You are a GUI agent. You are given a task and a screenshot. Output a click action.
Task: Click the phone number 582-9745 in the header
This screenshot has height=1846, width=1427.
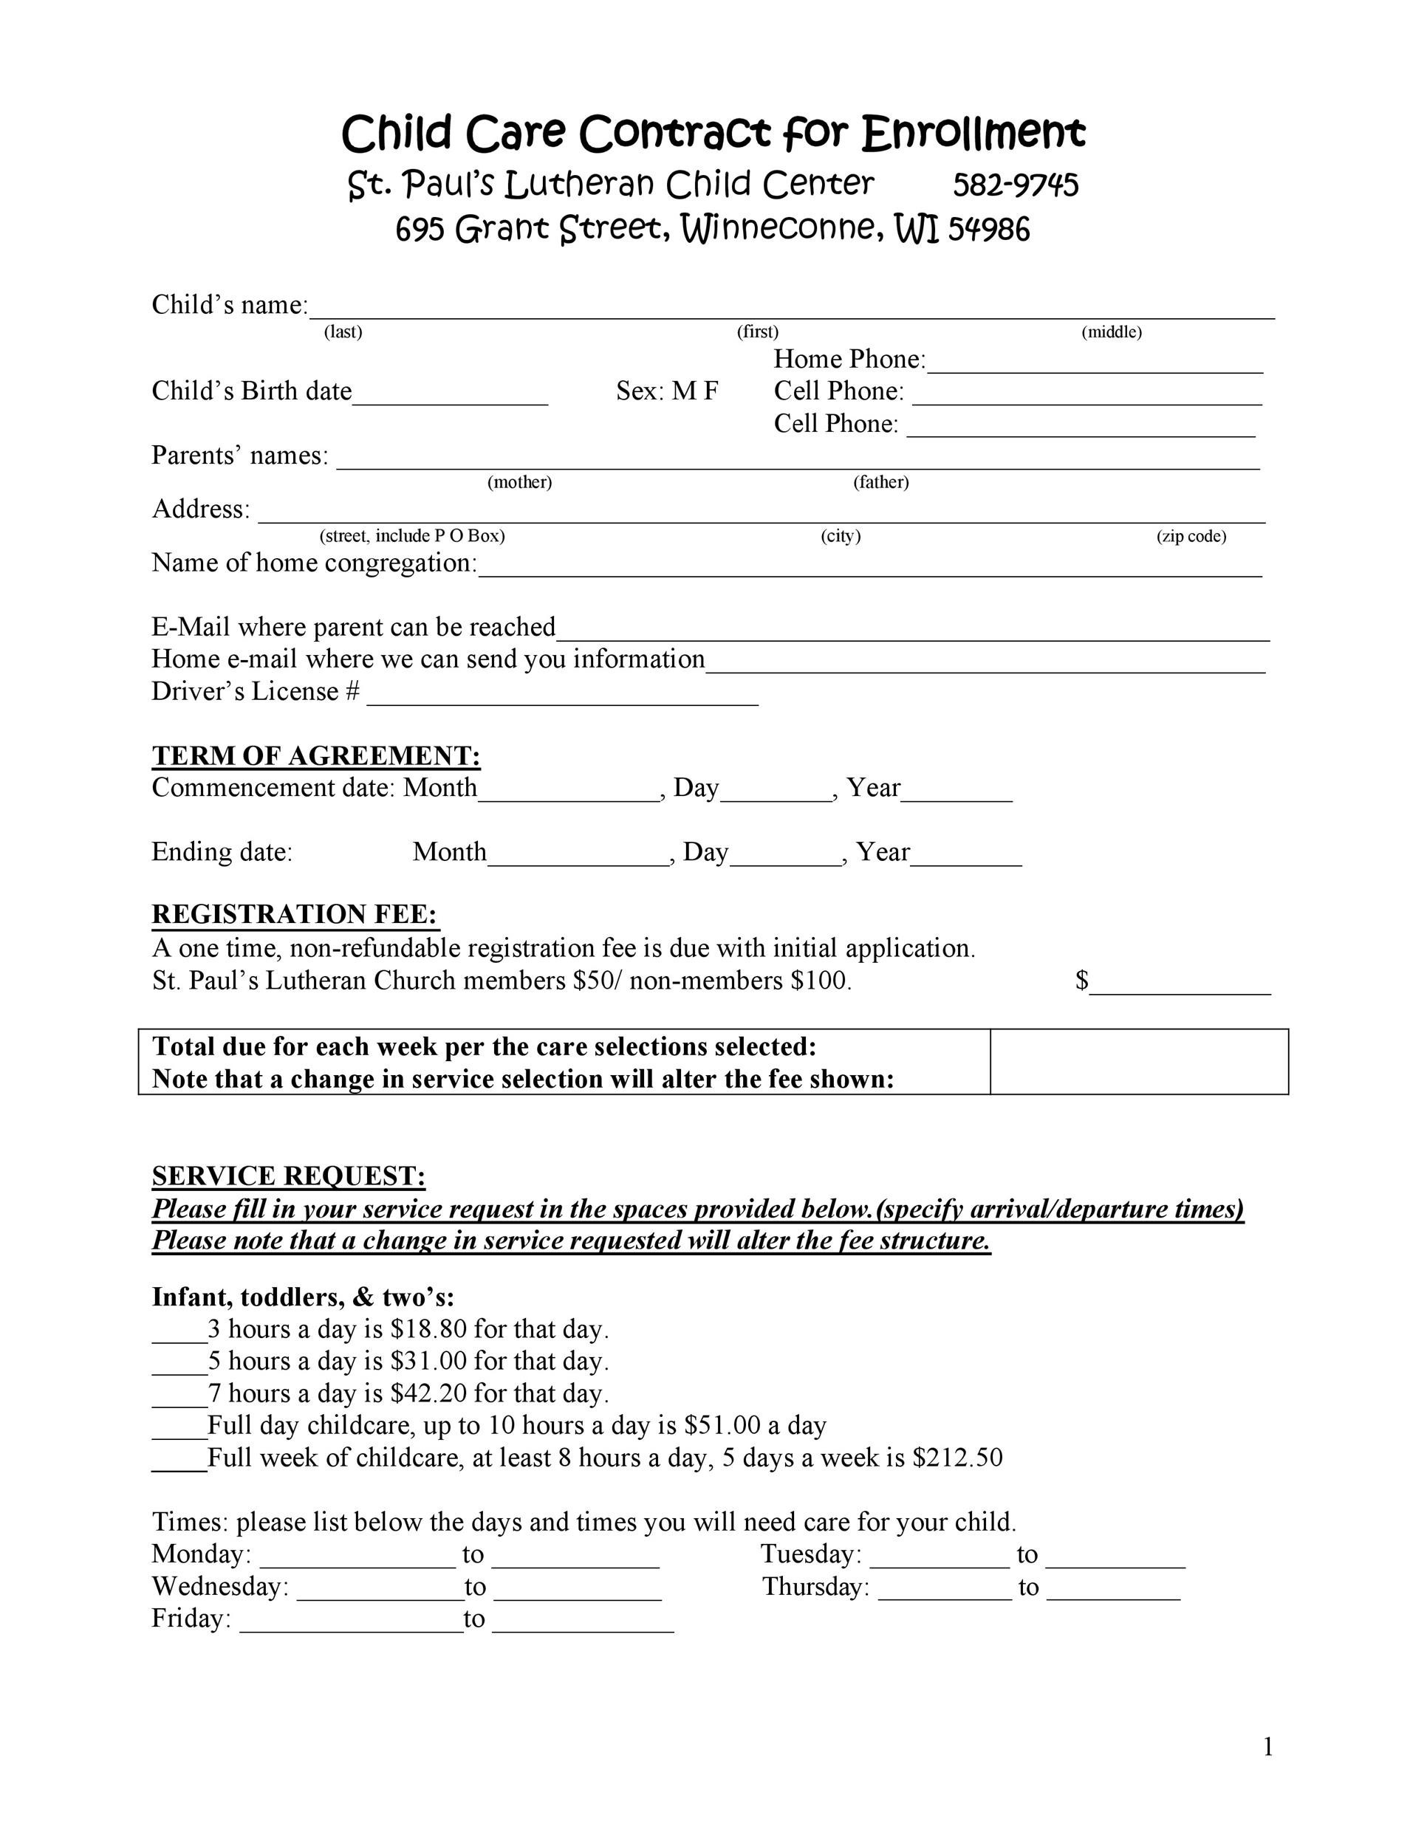coord(1016,185)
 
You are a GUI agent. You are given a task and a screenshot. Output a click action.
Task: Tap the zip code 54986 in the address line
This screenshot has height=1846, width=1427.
coord(988,229)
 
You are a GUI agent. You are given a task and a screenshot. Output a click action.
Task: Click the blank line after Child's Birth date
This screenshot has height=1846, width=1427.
coord(450,397)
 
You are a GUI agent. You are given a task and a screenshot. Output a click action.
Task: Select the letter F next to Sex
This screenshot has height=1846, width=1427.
coord(710,391)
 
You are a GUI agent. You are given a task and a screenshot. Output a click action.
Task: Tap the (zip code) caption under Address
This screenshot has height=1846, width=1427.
coord(1191,536)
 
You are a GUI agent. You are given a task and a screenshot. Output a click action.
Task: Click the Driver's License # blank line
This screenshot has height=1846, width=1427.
coord(562,697)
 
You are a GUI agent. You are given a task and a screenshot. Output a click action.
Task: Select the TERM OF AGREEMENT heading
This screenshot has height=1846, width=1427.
coord(316,755)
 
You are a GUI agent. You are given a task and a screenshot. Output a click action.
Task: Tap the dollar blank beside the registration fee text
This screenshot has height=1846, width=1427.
coord(1180,987)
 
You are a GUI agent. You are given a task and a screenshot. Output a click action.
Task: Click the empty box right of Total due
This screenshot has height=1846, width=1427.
coord(1139,1062)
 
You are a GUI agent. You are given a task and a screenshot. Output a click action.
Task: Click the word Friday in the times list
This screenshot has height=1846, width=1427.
coord(191,1618)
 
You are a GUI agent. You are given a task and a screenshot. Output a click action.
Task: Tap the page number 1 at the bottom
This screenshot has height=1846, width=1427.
coord(1267,1746)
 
